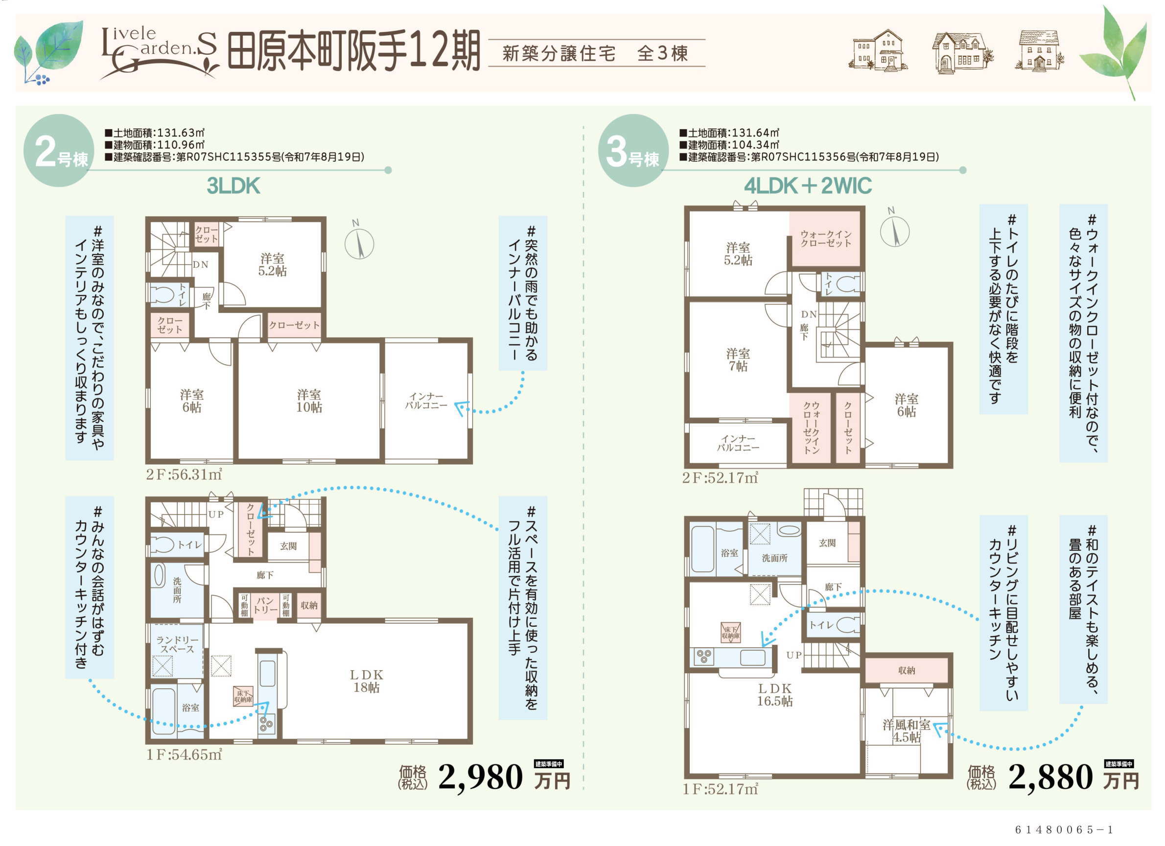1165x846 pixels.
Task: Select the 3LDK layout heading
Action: (233, 186)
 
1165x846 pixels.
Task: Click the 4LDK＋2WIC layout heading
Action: (808, 186)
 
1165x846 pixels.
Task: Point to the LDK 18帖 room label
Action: (366, 681)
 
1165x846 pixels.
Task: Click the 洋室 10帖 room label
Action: (309, 400)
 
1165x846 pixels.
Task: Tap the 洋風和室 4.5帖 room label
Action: (906, 731)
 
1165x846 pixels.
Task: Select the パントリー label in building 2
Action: (265, 606)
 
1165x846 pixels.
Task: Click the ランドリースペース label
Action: (177, 644)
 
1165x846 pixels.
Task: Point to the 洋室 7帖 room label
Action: (738, 359)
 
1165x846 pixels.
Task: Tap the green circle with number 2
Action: (59, 150)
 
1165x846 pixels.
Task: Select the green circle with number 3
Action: (633, 150)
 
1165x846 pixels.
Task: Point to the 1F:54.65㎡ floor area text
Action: (184, 754)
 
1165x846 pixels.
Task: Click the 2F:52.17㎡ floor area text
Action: (720, 478)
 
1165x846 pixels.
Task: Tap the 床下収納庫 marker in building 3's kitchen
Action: (730, 633)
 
